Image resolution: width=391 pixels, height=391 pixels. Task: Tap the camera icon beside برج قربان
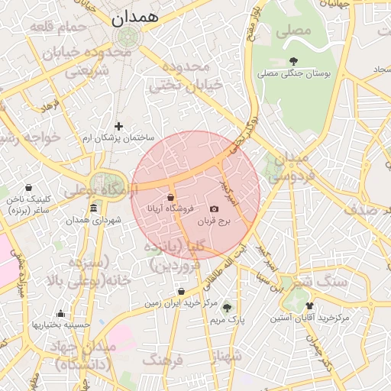[214, 208]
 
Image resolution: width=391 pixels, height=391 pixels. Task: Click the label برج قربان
[214, 221]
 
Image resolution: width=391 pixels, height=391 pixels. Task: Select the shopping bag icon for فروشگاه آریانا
[170, 197]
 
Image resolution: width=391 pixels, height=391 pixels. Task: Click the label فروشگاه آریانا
[169, 208]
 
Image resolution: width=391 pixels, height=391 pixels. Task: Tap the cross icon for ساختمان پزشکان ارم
[118, 126]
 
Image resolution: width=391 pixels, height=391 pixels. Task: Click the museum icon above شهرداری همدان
[93, 208]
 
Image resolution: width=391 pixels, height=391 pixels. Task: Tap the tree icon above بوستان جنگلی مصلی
[294, 61]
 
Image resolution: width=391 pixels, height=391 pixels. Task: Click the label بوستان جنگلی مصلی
[294, 74]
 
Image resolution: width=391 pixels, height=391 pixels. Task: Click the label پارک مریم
[227, 321]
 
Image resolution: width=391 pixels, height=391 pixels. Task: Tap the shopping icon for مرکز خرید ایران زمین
[181, 291]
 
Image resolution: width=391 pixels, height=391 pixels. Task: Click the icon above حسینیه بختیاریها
[61, 313]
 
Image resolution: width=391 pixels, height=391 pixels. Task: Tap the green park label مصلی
[294, 31]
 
